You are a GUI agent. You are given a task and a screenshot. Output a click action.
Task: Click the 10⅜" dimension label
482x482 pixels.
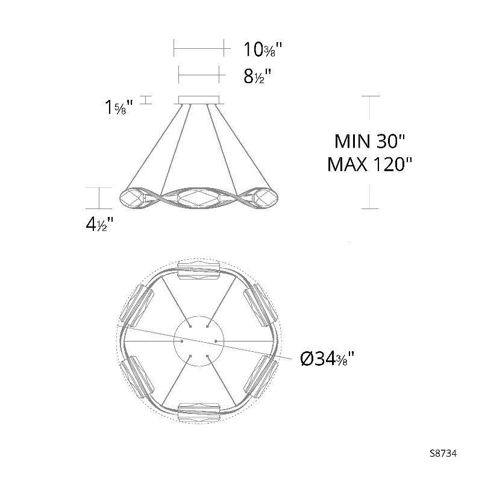[x=263, y=49]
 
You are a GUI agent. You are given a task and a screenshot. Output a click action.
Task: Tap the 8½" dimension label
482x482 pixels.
[x=257, y=77]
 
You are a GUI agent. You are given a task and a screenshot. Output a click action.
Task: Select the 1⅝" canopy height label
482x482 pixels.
[x=119, y=107]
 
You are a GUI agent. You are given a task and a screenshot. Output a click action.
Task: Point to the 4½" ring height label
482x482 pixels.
[x=99, y=224]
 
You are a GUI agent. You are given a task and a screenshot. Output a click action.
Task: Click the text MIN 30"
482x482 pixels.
[x=370, y=141]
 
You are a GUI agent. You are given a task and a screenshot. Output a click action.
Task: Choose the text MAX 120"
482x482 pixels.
[x=369, y=164]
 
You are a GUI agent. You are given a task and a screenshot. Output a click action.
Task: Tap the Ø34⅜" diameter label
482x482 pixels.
[x=327, y=358]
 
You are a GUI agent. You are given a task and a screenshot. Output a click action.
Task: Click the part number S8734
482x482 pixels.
[x=443, y=454]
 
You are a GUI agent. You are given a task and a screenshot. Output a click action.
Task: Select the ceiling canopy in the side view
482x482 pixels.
[x=199, y=100]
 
